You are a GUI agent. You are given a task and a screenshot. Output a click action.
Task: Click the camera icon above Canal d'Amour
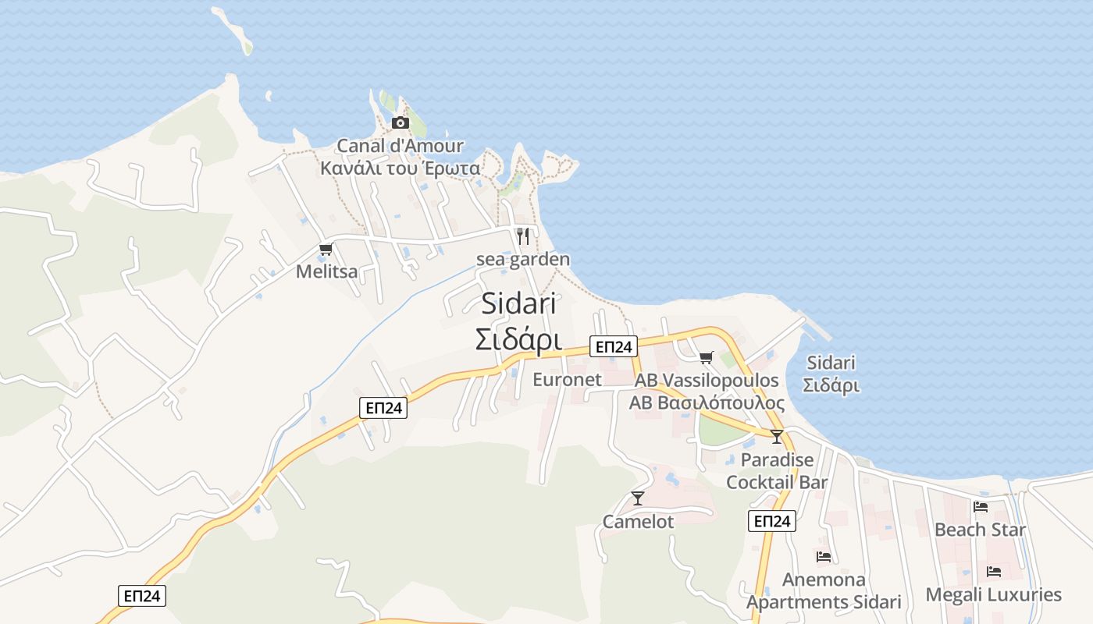[x=400, y=122]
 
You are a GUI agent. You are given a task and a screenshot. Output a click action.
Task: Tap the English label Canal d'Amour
[x=400, y=146]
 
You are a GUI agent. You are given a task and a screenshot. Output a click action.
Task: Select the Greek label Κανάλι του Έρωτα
[x=400, y=168]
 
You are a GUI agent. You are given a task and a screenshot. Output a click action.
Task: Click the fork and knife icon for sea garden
[x=523, y=236]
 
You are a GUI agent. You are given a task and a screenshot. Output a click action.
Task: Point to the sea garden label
[x=523, y=259]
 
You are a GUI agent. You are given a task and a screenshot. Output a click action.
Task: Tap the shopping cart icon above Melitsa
[x=326, y=250]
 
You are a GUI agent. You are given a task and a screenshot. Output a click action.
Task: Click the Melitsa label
[x=326, y=271]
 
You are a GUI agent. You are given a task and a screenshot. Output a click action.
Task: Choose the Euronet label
[x=567, y=380]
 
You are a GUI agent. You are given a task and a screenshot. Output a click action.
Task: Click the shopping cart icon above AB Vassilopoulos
[x=706, y=357]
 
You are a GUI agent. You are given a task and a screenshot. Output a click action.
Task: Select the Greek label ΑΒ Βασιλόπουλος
[x=707, y=403]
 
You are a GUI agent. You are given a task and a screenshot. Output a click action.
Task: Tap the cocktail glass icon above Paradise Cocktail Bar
[x=776, y=437]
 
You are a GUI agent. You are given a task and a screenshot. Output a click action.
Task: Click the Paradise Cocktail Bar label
[x=777, y=471]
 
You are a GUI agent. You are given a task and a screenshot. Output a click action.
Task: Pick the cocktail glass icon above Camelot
[x=638, y=498]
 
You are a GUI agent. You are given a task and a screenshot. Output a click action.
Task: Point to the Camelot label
[x=638, y=522]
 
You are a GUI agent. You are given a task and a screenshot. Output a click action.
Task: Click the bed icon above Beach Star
[x=981, y=507]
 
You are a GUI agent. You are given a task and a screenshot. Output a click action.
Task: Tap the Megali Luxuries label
[x=993, y=595]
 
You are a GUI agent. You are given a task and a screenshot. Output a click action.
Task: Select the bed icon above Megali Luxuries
[x=993, y=572]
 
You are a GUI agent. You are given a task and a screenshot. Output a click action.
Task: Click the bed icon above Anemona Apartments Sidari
[x=824, y=557]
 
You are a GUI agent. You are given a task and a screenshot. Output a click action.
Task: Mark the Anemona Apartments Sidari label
[x=824, y=591]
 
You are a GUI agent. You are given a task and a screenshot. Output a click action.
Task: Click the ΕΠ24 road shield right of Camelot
[x=771, y=522]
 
